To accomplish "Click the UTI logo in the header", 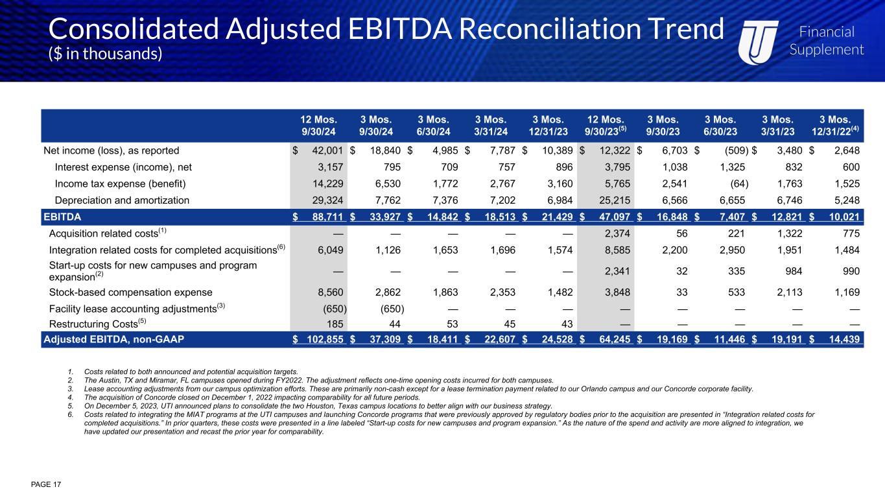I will [x=759, y=40].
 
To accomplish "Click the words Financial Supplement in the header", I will [x=826, y=40].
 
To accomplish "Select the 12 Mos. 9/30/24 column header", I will [x=318, y=125].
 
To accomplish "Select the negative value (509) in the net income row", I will [x=733, y=151].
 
